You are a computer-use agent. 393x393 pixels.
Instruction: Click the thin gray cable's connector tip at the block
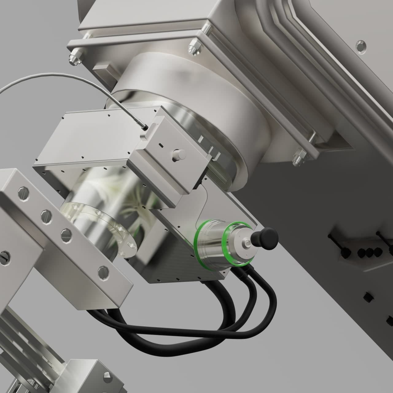[144, 126]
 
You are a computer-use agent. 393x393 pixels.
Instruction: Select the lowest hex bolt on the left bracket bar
[103, 271]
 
